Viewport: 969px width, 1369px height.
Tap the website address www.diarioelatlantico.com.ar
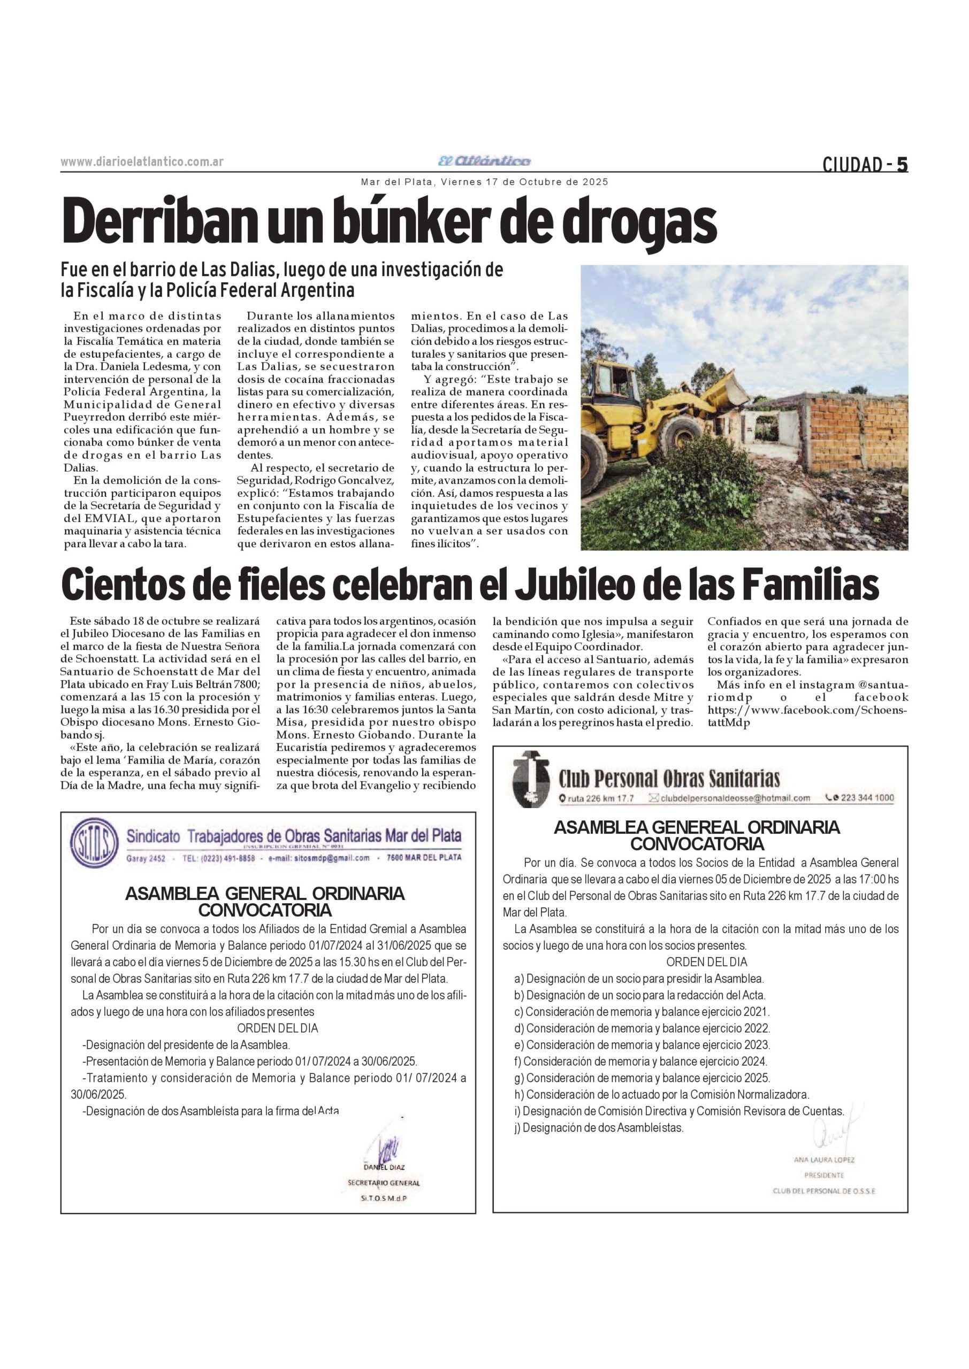[142, 162]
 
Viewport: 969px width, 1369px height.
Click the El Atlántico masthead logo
[484, 161]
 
